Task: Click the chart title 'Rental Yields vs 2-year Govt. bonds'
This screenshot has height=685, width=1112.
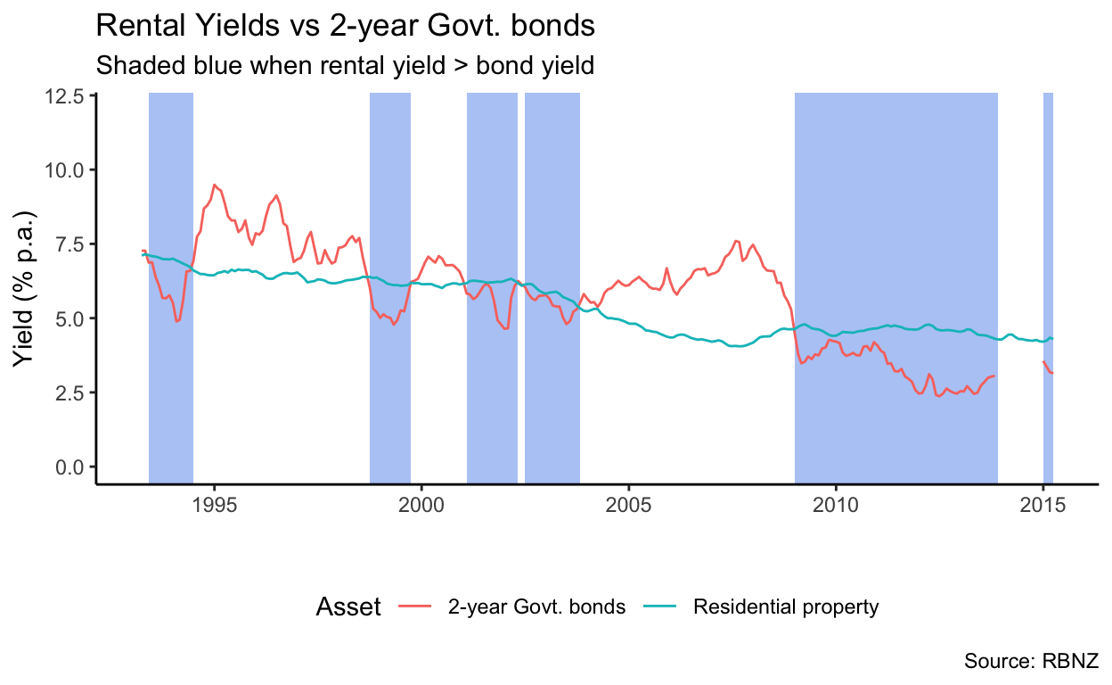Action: (x=344, y=26)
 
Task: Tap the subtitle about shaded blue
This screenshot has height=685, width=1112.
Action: (x=344, y=66)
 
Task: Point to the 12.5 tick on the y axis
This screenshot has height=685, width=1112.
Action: (x=66, y=95)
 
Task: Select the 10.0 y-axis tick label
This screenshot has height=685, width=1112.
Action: (x=66, y=169)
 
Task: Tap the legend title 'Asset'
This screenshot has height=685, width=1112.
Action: (x=348, y=607)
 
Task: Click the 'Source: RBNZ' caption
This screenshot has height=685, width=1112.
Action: (x=1031, y=661)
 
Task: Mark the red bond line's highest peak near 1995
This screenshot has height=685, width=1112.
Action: (x=214, y=185)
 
